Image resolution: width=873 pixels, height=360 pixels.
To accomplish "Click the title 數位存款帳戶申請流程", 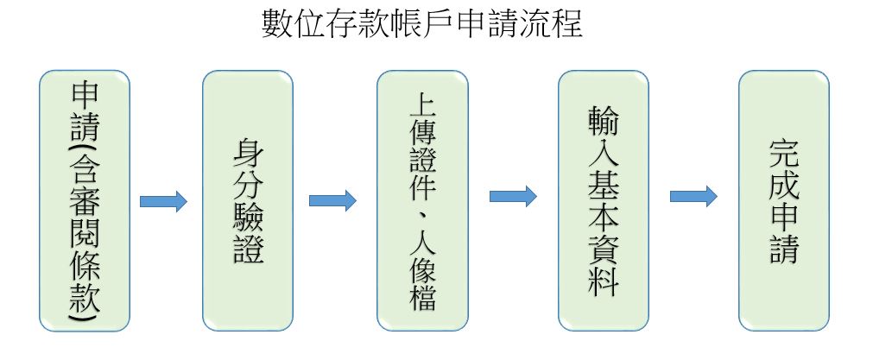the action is [x=422, y=24].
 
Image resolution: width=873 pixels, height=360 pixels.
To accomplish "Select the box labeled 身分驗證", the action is [x=248, y=200].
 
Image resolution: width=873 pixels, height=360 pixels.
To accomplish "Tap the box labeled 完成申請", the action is [x=784, y=200].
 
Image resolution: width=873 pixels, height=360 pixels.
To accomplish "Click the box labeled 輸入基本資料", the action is [x=604, y=200].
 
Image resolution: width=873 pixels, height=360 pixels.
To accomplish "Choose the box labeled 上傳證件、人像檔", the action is [x=422, y=200].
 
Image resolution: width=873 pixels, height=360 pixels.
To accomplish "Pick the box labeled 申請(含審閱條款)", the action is [x=85, y=200].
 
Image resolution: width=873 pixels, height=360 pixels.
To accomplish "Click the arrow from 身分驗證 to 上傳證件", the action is [x=332, y=201].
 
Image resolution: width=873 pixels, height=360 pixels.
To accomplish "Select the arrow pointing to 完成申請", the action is [x=693, y=197].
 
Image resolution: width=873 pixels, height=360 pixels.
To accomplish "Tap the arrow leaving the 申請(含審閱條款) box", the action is [x=163, y=201].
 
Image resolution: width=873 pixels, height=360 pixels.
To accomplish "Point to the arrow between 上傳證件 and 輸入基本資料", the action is [x=513, y=197].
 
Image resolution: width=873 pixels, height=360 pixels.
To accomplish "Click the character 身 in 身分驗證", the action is [x=249, y=154].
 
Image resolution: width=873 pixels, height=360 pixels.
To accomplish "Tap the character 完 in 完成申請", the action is [x=784, y=154].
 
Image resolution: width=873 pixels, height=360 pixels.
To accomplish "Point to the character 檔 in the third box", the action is [x=422, y=296].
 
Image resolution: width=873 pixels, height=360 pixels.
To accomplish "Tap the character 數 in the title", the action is [x=278, y=24].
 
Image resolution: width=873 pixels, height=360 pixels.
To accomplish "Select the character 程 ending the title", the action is [x=568, y=24].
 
